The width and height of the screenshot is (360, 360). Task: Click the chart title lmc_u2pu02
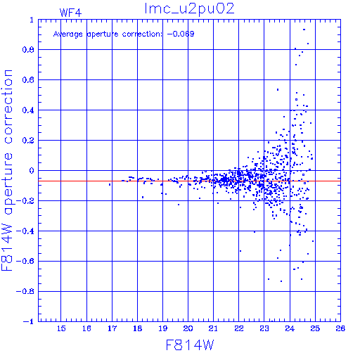click(189, 9)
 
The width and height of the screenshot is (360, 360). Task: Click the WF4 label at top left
click(70, 13)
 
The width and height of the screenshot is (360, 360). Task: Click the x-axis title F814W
click(190, 345)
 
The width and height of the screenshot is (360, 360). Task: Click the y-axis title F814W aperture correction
click(7, 170)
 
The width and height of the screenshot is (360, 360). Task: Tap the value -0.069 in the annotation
click(181, 34)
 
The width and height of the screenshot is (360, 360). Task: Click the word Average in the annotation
click(68, 34)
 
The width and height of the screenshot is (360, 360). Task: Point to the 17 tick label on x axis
click(112, 328)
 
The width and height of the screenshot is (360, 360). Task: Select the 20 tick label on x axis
click(188, 328)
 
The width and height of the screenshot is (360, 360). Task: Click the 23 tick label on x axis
click(264, 328)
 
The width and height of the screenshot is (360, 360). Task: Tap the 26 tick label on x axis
click(340, 328)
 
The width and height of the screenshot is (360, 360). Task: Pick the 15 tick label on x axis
click(61, 328)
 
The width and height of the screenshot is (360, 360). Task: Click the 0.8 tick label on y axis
click(28, 50)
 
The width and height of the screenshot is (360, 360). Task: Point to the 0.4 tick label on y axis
click(28, 110)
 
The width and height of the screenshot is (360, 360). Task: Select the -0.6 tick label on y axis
click(25, 261)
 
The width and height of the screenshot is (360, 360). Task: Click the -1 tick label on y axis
click(29, 321)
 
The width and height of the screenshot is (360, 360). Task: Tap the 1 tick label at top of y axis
click(32, 20)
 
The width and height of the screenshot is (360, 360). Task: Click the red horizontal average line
click(189, 181)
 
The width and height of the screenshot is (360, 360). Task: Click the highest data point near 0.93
click(304, 30)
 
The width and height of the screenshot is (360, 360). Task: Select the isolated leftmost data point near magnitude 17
click(110, 185)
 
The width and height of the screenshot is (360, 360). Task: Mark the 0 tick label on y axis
click(32, 171)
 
